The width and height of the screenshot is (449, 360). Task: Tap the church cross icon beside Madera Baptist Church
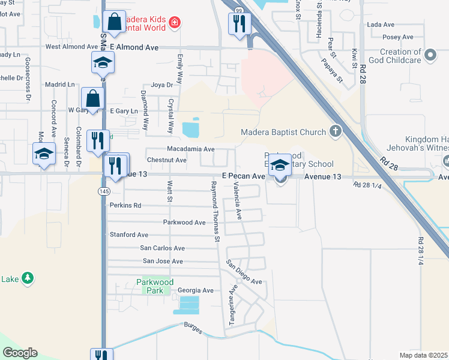[335, 131]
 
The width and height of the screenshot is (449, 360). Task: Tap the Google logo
[20, 353]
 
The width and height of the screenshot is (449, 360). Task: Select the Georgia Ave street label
[196, 290]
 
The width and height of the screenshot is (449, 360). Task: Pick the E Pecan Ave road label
[243, 176]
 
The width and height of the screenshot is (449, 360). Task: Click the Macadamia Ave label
[190, 149]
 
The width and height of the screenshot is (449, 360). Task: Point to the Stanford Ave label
[128, 235]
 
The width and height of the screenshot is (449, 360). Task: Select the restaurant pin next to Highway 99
[239, 23]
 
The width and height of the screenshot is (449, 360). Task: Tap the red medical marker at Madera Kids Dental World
[174, 23]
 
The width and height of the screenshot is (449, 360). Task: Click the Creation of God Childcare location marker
[430, 56]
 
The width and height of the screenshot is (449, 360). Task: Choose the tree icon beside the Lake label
[26, 278]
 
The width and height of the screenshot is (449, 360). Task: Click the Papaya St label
[331, 70]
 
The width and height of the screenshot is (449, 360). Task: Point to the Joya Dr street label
[161, 85]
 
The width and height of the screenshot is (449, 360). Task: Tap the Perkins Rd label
[125, 205]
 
